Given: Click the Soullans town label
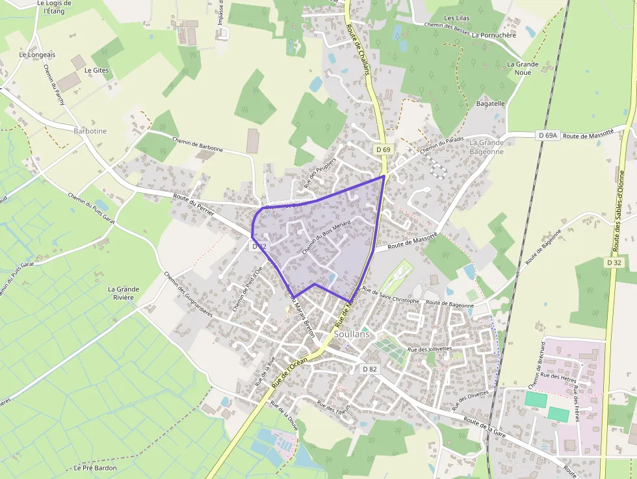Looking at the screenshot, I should tap(351, 333).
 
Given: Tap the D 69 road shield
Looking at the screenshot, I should tap(383, 149).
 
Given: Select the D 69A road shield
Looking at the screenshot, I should tap(548, 135).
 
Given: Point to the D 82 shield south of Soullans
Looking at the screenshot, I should tap(369, 369).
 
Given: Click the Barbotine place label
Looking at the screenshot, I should tap(90, 131).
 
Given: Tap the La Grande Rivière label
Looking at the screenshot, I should tap(123, 293).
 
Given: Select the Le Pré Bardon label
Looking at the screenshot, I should tap(95, 467).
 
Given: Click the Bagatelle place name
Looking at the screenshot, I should tap(491, 103).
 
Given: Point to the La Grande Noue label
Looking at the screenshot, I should tap(523, 68).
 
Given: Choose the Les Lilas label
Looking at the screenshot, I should tap(457, 18).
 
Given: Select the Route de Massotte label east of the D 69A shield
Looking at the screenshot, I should tap(588, 134).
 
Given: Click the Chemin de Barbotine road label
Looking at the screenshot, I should tap(197, 144).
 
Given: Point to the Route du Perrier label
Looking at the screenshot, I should tap(193, 207).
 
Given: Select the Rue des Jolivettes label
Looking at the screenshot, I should tap(429, 349).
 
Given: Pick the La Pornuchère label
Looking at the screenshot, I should tap(494, 35).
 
